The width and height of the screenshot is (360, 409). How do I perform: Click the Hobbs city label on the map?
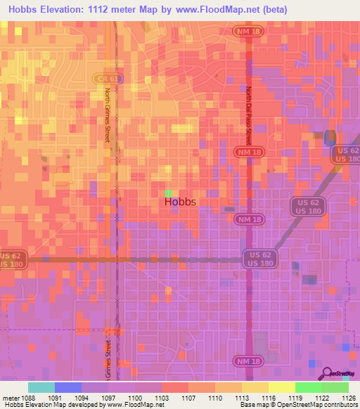click(x=180, y=202)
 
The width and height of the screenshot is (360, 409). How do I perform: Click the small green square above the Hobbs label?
click(x=168, y=192)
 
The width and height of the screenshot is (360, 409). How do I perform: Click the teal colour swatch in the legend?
click(x=41, y=387)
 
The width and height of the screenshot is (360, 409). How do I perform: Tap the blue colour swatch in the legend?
click(x=68, y=387)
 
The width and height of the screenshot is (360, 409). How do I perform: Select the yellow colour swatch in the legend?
click(x=281, y=387)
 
